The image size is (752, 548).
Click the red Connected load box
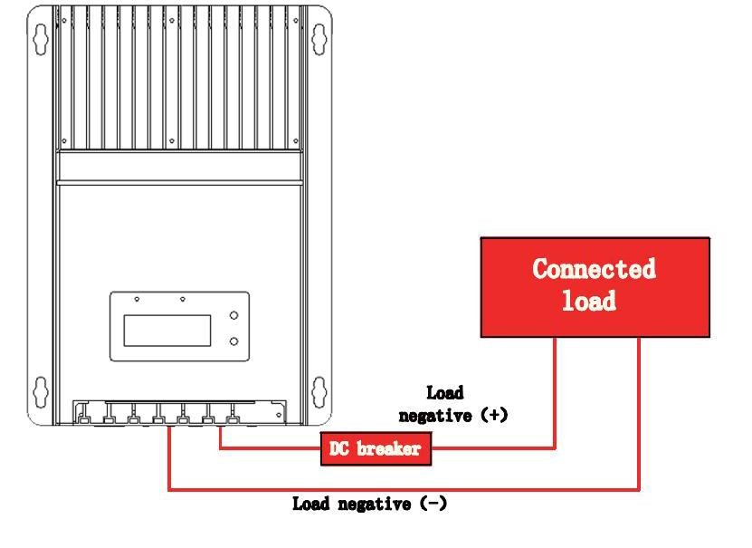click(595, 287)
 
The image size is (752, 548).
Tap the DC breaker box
click(376, 448)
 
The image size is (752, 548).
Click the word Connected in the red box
click(594, 269)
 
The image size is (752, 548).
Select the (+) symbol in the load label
click(493, 416)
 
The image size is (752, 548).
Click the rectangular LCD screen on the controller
click(167, 330)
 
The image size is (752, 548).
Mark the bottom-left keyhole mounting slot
click(40, 392)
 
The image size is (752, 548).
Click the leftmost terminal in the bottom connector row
click(83, 418)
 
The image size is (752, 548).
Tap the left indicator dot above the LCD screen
click(137, 299)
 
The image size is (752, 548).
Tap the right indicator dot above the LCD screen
click(183, 299)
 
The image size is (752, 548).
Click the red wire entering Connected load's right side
click(640, 408)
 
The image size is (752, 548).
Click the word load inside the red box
click(589, 301)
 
